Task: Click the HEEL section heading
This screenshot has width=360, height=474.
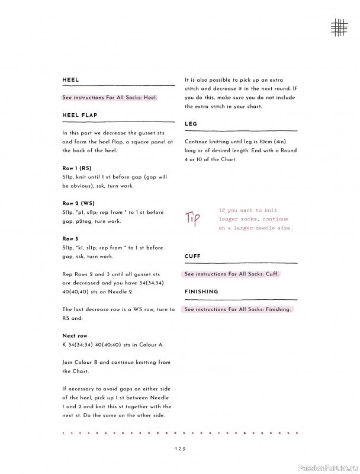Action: click(x=70, y=80)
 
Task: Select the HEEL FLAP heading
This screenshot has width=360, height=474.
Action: click(x=80, y=115)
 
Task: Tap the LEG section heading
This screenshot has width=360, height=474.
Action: click(x=191, y=124)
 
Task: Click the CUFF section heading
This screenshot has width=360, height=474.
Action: click(x=192, y=257)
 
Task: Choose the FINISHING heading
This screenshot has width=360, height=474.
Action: click(x=201, y=292)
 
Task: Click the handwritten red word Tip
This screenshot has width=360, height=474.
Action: click(x=194, y=217)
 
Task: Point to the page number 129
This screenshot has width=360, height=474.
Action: click(x=180, y=449)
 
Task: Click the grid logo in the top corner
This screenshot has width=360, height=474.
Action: click(x=339, y=26)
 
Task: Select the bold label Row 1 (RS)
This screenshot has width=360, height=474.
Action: click(x=76, y=168)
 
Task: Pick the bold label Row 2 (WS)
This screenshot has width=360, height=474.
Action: click(x=78, y=203)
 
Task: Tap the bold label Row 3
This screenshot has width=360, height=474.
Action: click(x=70, y=239)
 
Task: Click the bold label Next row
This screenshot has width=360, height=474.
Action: click(x=75, y=336)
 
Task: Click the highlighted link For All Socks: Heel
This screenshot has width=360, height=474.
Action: click(x=110, y=97)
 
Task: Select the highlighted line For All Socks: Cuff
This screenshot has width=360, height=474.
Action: click(x=232, y=274)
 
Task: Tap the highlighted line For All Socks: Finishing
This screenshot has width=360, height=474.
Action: click(x=237, y=309)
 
